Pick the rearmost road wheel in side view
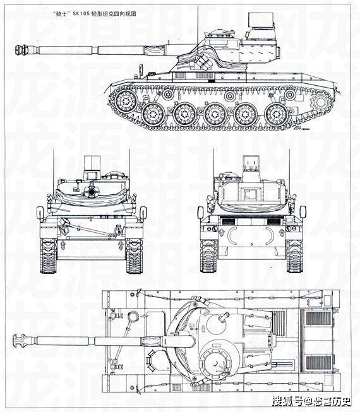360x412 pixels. [x=276, y=115]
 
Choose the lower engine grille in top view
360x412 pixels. [x=320, y=363]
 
